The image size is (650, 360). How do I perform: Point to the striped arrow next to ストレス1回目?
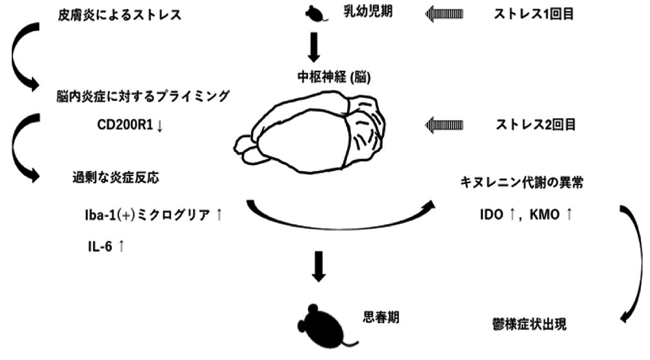447,12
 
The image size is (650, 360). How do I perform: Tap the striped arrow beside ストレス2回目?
447,123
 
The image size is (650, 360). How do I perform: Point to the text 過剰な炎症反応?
114,177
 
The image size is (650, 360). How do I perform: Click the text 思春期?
380,318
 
